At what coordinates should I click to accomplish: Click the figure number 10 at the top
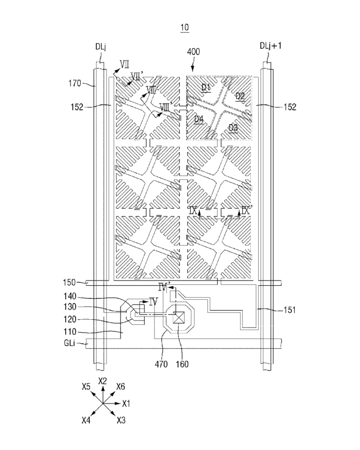(185, 28)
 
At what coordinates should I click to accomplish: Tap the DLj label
(101, 47)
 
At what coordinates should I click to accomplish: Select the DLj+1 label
(270, 46)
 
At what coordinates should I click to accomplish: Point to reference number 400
(193, 52)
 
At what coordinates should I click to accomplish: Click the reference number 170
(75, 83)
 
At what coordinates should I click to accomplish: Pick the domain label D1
(206, 87)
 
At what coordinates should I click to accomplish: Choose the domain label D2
(240, 96)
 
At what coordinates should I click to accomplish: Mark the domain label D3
(233, 127)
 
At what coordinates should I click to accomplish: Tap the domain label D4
(199, 119)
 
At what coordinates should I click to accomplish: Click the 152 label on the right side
(290, 107)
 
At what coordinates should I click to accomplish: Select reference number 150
(69, 283)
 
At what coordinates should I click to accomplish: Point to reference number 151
(290, 310)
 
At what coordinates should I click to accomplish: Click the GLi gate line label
(69, 343)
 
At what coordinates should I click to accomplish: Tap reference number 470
(161, 364)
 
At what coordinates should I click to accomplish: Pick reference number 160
(182, 364)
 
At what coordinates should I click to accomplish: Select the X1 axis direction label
(126, 404)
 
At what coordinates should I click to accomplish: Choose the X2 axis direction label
(102, 381)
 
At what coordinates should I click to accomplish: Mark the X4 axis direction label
(86, 420)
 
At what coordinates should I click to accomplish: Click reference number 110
(69, 332)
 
